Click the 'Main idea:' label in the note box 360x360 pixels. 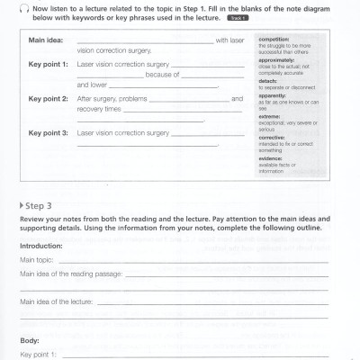pos(46,40)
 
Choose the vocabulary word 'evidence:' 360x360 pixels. pos(273,165)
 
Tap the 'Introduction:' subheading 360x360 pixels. pos(40,245)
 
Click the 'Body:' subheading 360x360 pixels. pos(30,341)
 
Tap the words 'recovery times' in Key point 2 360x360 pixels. pos(100,107)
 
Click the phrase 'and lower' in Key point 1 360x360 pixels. pos(93,84)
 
